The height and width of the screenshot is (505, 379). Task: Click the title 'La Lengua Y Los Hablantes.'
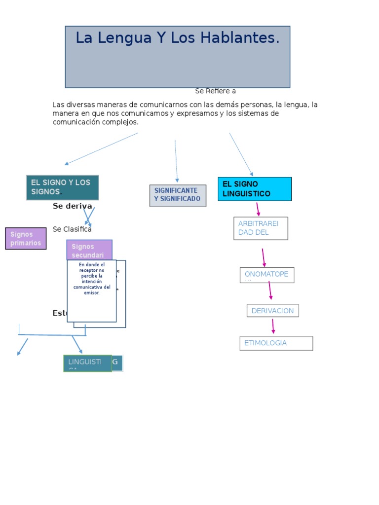177,38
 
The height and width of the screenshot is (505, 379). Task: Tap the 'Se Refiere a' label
215,91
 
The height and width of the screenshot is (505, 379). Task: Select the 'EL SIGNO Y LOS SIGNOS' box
62,187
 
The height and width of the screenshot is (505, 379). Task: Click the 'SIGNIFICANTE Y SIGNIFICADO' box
178,195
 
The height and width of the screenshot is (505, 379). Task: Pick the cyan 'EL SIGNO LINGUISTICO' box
255,189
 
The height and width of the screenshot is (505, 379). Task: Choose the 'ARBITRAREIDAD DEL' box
260,228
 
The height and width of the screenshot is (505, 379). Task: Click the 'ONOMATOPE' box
266,275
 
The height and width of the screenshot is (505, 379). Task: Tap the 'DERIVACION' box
272,311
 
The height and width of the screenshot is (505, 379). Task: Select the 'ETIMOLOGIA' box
276,343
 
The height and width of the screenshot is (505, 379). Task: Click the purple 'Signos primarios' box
26,239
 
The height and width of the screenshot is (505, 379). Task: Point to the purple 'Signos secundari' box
89,250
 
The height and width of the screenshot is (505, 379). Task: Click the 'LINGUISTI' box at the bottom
87,363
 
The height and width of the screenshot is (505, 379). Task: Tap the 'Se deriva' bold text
72,206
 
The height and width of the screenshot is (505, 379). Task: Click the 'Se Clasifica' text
72,229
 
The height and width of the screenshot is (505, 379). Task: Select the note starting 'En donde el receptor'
91,291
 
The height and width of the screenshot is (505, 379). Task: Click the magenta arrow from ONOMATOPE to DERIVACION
270,290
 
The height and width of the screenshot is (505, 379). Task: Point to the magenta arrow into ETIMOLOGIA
273,326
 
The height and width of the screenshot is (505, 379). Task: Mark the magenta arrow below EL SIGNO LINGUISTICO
258,209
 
